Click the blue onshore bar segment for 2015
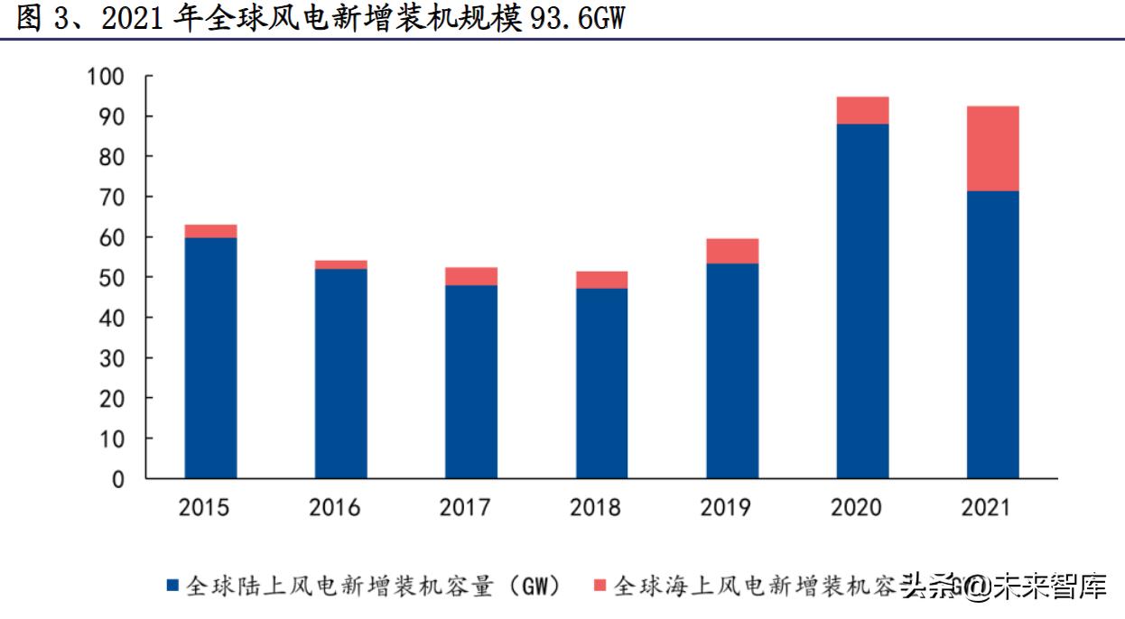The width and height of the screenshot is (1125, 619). tap(210, 357)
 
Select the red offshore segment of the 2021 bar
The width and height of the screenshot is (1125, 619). tap(992, 149)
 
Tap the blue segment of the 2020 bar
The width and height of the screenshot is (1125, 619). tap(862, 300)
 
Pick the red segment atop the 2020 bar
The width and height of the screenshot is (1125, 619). tap(862, 110)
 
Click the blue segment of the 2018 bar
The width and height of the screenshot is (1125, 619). tap(601, 383)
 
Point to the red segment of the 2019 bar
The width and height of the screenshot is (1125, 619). tap(732, 251)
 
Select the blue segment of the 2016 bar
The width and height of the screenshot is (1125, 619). tap(341, 373)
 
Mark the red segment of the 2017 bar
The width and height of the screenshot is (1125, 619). tap(471, 276)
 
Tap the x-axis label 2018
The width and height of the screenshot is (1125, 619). tap(595, 508)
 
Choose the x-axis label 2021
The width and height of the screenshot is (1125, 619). tap(986, 508)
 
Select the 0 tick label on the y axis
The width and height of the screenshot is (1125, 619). tap(117, 479)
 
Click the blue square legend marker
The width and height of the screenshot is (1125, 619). tap(172, 587)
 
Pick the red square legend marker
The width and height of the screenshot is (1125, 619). tap(600, 587)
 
